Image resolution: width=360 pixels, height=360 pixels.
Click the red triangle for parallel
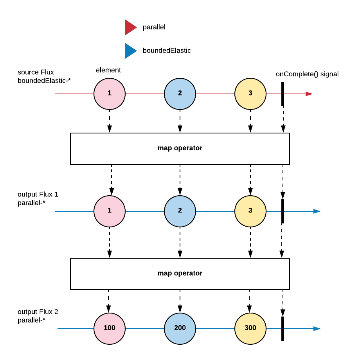click(130, 27)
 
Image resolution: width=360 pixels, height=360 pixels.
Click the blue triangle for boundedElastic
click(130, 51)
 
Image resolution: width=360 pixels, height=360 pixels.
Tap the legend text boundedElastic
click(167, 50)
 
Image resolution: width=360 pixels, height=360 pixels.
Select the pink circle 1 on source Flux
click(110, 94)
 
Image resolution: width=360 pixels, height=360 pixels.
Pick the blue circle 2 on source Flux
click(180, 94)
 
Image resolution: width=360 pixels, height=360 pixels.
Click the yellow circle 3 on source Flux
click(250, 94)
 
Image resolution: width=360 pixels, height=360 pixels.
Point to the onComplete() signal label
click(307, 74)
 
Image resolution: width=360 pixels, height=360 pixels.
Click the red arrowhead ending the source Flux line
click(309, 94)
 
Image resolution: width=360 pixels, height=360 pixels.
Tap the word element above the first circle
click(108, 70)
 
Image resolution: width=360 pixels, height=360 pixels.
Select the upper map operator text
click(180, 148)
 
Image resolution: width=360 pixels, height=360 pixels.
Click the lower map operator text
click(180, 273)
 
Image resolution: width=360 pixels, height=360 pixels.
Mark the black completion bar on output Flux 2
click(283, 329)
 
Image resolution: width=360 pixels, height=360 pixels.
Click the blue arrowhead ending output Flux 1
click(317, 211)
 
